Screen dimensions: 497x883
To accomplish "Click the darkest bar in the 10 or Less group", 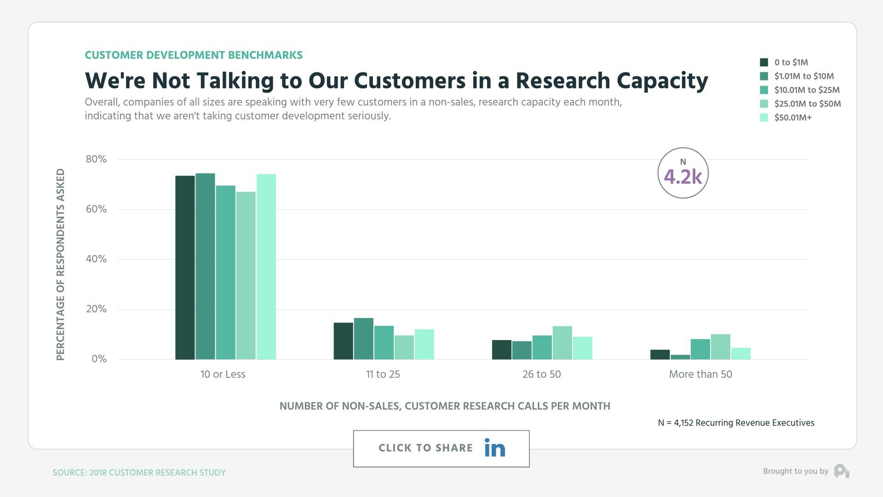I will pos(185,267).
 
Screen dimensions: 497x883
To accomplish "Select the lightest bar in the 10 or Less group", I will pos(266,266).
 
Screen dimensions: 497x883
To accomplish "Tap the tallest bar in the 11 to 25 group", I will pos(363,339).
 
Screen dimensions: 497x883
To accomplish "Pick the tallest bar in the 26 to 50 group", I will pos(562,343).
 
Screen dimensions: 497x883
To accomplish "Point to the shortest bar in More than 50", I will pos(680,357).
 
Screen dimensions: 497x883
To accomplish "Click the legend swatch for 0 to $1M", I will pos(764,62).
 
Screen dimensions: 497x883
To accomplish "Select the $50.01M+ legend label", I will pos(793,117).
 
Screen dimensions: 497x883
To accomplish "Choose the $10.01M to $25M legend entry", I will pos(807,90).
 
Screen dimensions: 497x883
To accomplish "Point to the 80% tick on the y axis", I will pos(96,159).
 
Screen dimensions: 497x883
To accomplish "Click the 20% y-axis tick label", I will pos(96,309).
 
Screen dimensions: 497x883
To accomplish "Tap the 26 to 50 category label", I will pos(541,374).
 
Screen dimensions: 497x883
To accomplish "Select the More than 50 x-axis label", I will pos(700,374).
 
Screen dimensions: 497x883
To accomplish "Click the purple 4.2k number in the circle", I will pos(683,177).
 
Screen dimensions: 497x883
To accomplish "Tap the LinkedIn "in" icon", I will pos(494,448).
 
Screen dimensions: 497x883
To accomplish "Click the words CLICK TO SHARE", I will pos(425,448).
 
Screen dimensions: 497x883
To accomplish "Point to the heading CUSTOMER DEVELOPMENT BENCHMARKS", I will pos(194,55).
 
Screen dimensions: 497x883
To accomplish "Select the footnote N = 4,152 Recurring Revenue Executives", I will pos(736,423).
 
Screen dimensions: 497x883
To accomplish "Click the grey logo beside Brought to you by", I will pos(842,471).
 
